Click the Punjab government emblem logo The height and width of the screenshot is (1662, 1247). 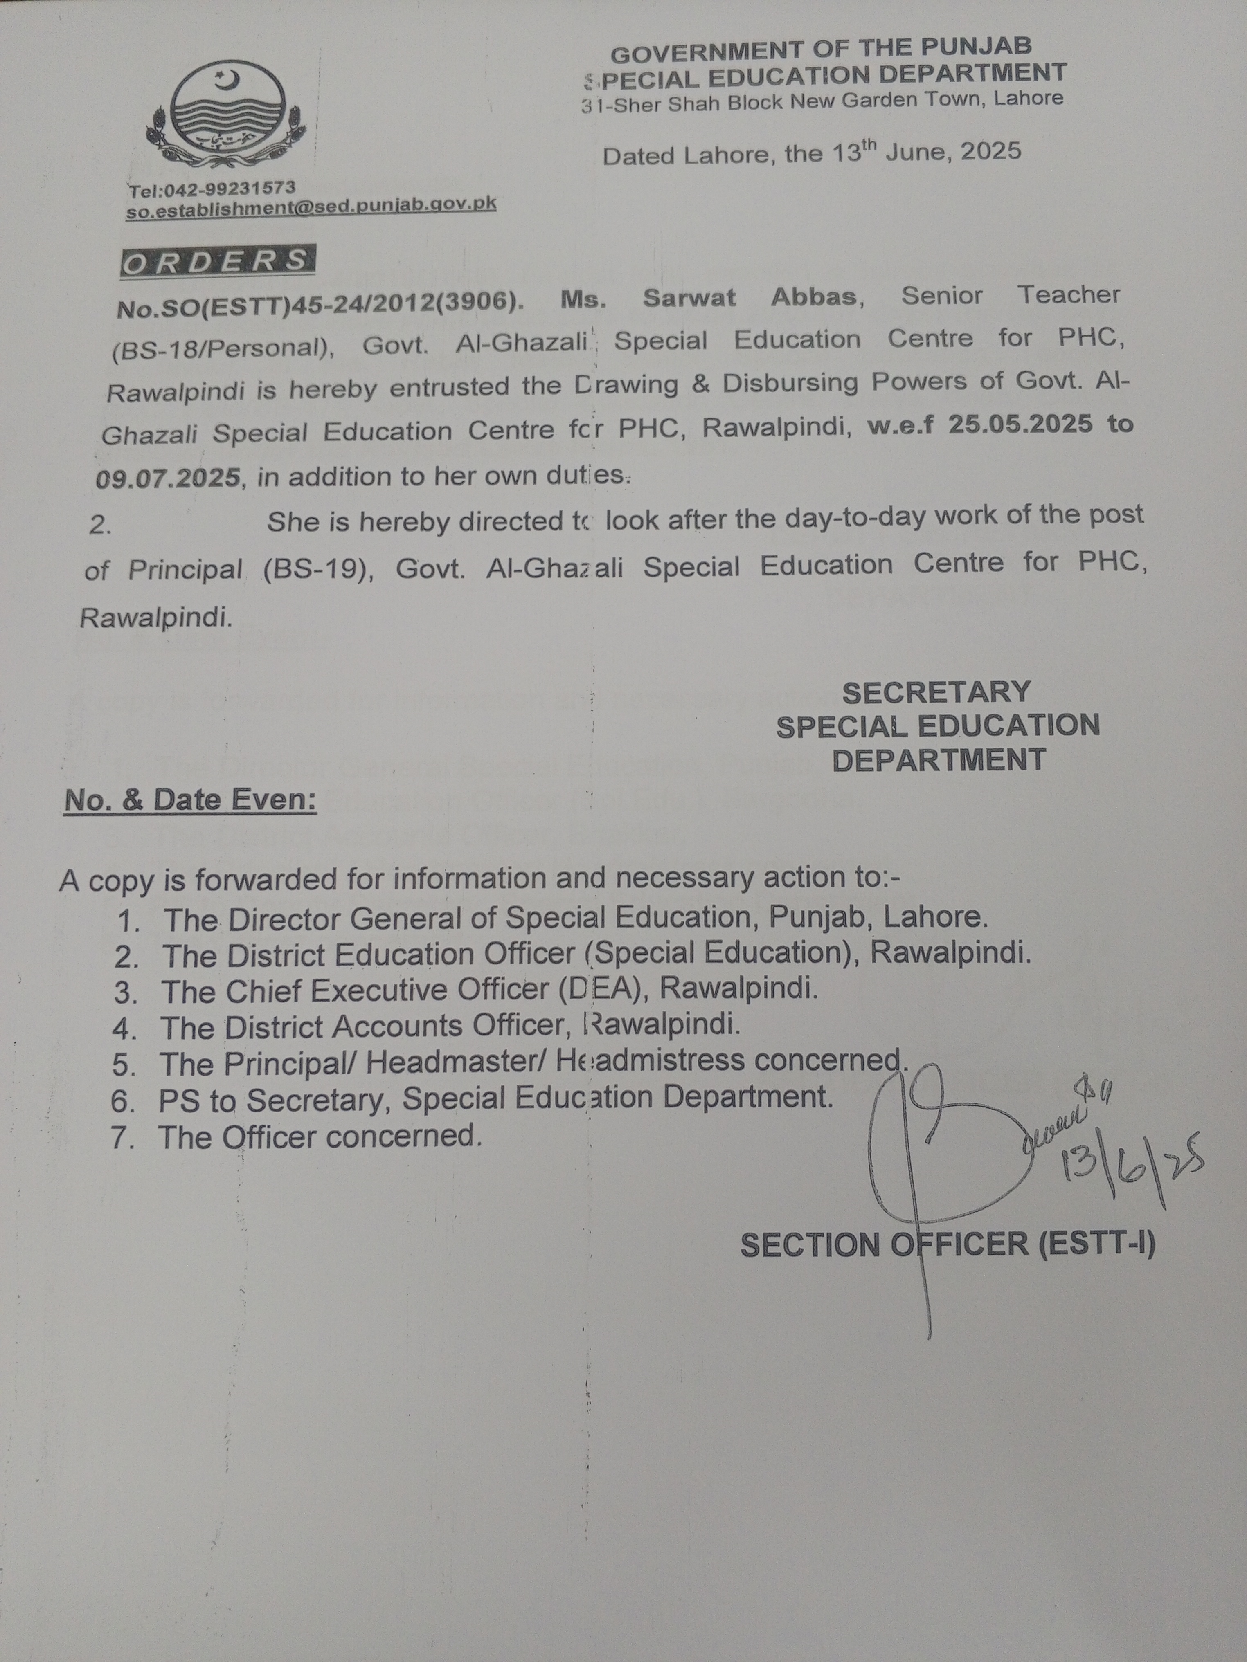(225, 117)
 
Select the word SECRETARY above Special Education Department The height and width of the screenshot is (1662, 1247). (936, 692)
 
